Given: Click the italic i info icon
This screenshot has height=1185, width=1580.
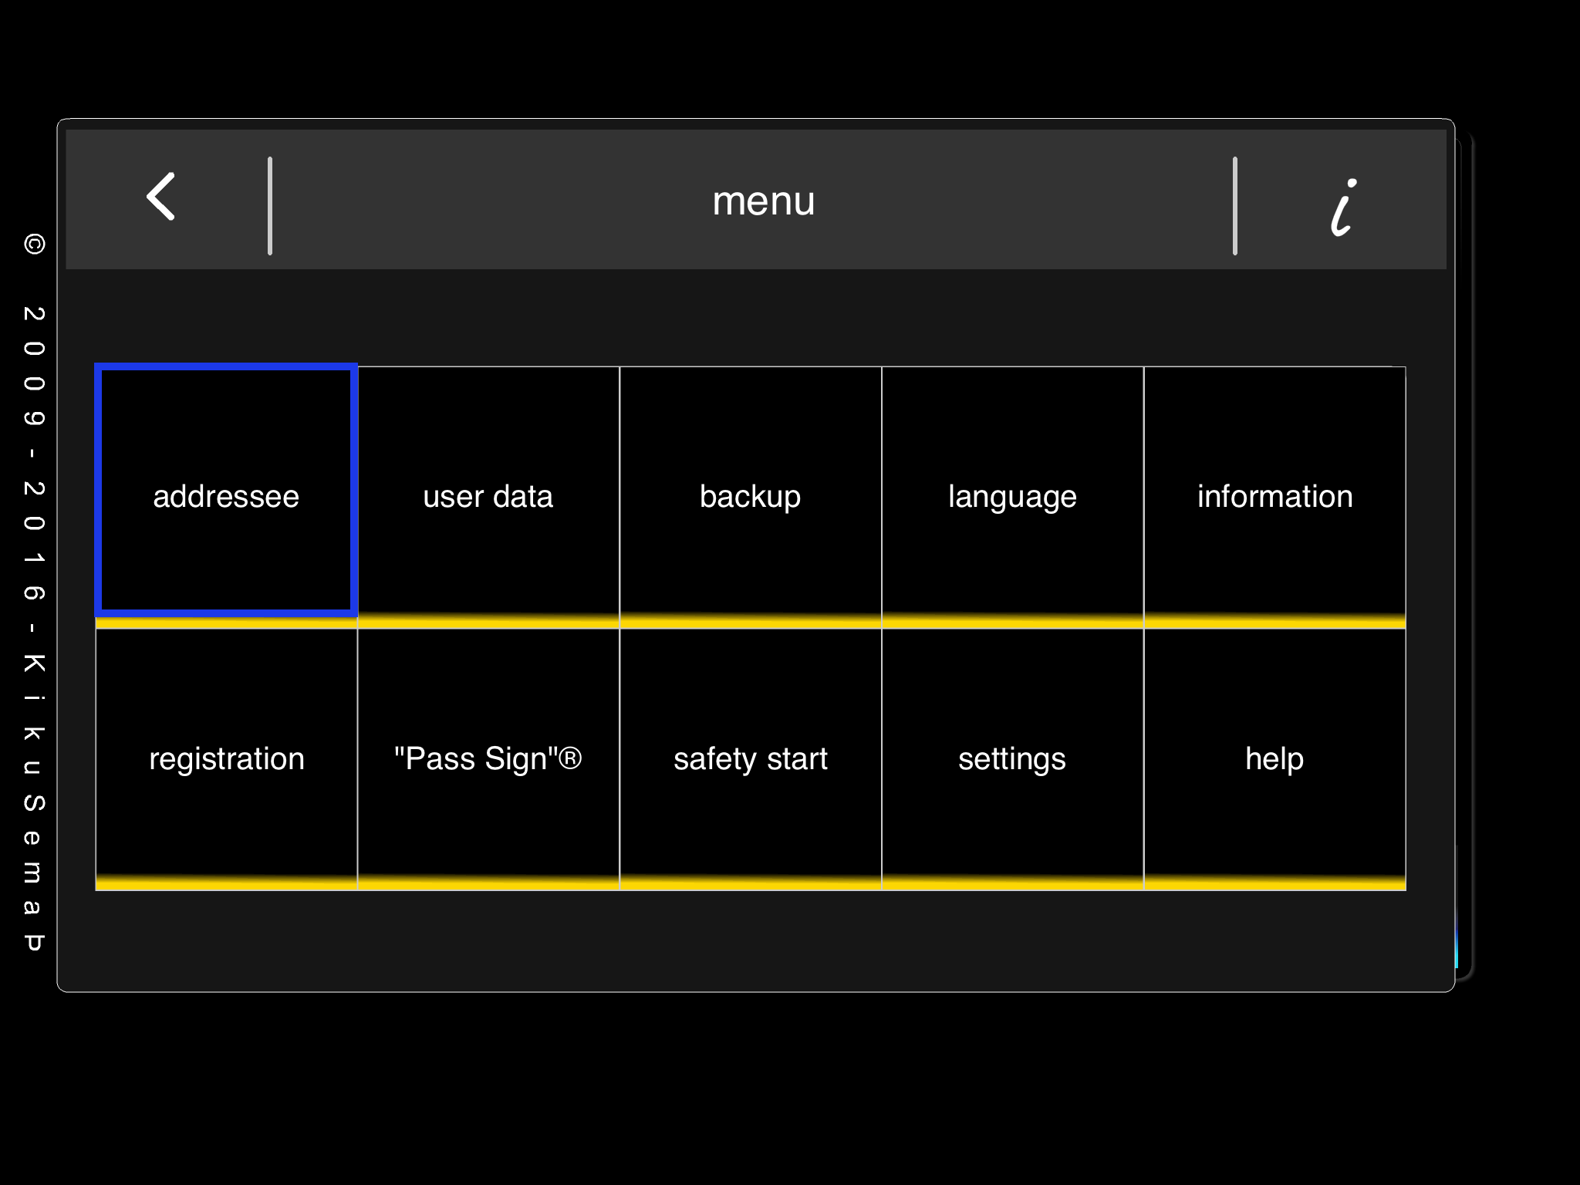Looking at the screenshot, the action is tap(1343, 207).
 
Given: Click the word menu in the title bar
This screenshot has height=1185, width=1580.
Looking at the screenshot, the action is tap(763, 201).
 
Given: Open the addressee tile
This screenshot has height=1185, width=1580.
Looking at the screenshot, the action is tap(226, 491).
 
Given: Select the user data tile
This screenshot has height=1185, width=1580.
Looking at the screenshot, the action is tap(488, 497).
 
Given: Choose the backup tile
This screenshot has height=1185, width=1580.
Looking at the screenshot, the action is tap(751, 497).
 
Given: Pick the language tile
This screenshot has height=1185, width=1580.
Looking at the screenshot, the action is tap(1012, 497).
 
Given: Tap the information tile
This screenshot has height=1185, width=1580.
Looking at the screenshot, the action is tap(1274, 497).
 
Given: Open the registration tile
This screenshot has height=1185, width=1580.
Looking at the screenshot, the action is tap(226, 759).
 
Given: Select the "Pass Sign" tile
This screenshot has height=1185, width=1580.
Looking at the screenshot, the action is tap(488, 759).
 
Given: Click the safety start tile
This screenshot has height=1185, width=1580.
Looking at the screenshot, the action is tap(751, 759).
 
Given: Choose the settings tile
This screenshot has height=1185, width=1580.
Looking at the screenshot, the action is tap(1012, 759).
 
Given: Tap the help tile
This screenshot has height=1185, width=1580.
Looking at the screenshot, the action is tap(1274, 759).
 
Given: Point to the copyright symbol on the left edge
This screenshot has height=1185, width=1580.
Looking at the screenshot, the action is tap(34, 245).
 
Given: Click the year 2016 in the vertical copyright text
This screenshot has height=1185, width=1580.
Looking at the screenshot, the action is tap(34, 541).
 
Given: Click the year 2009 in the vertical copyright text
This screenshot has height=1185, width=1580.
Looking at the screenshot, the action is tap(34, 366).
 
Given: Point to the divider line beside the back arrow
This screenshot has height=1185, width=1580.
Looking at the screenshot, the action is tap(270, 206).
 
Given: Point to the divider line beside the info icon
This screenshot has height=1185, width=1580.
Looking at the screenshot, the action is tap(1235, 206).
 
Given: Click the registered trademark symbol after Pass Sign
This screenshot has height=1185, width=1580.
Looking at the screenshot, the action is tap(570, 758).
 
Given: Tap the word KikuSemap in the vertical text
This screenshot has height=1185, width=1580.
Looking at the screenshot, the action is tap(34, 802).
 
